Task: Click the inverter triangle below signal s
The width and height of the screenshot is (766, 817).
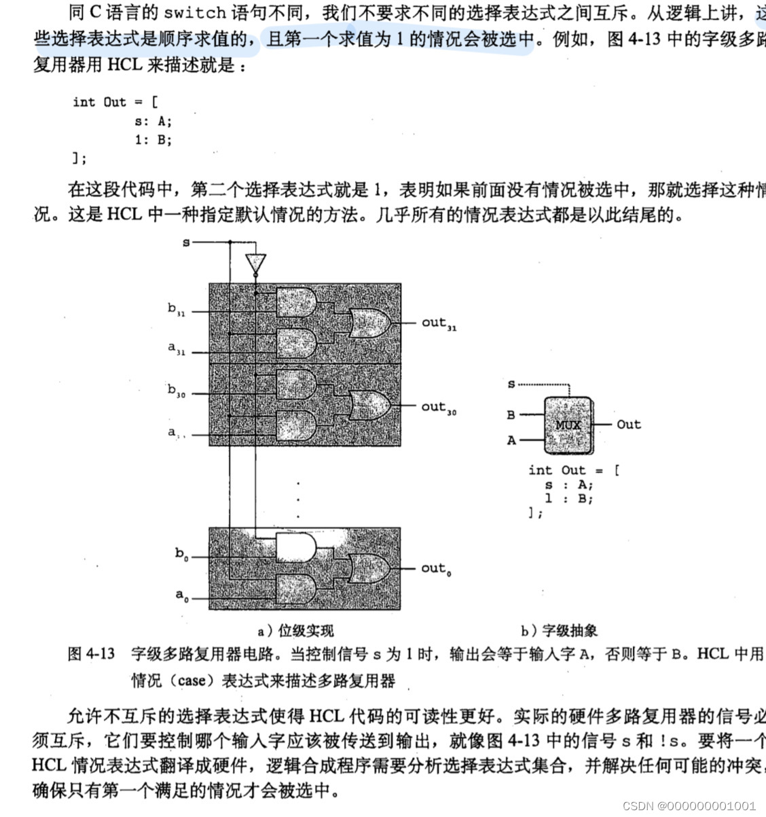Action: point(256,264)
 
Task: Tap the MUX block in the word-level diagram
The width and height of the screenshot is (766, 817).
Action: point(568,425)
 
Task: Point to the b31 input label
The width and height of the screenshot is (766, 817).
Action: point(177,310)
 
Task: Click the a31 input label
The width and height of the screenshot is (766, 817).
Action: point(177,349)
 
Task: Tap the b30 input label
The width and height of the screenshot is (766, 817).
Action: point(177,391)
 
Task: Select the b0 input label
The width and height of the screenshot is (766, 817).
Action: point(181,554)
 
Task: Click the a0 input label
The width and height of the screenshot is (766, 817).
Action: point(181,596)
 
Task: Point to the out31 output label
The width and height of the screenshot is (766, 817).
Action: point(439,323)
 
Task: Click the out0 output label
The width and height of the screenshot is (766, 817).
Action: point(436,568)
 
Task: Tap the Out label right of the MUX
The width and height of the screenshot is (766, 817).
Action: point(628,424)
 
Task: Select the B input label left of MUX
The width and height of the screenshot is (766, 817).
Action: point(511,414)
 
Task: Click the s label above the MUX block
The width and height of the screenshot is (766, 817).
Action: point(511,384)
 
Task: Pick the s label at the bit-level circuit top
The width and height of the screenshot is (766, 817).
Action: point(186,242)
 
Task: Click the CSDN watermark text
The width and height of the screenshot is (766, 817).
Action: point(689,805)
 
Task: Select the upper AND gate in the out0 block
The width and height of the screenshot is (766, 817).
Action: point(297,546)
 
